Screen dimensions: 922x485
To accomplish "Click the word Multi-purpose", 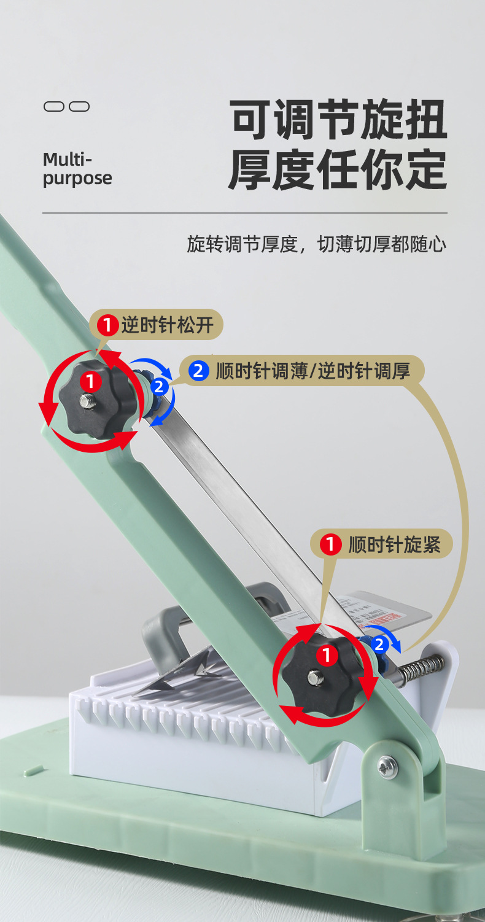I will coord(77,169).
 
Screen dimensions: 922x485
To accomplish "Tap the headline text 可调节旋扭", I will coord(338,119).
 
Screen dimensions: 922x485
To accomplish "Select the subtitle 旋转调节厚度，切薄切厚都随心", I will coord(316,244).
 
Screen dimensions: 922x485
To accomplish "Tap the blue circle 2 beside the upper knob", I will coord(158,387).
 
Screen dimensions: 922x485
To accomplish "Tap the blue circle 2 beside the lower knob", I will coord(379,644).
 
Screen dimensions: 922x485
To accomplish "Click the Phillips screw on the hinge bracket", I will coord(387,765).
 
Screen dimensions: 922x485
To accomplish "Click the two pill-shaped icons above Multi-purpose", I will coord(67,107).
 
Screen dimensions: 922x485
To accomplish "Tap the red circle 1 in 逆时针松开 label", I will coord(108,325).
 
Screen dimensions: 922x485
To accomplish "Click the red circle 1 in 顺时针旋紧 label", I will coord(331,544).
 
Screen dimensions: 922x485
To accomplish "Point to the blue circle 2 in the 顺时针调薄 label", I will coord(198,371).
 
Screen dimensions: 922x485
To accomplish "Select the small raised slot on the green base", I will coord(33,770).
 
